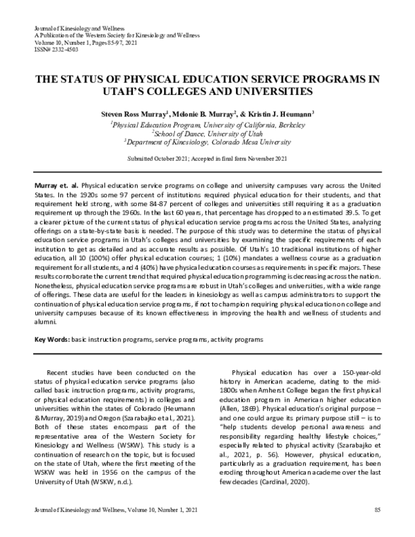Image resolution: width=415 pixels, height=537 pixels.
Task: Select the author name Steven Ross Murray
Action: (131, 113)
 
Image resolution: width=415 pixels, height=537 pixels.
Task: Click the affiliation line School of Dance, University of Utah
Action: (208, 134)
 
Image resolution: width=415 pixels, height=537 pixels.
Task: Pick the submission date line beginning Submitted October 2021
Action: (207, 158)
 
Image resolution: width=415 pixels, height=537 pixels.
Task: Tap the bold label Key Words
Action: (52, 340)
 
